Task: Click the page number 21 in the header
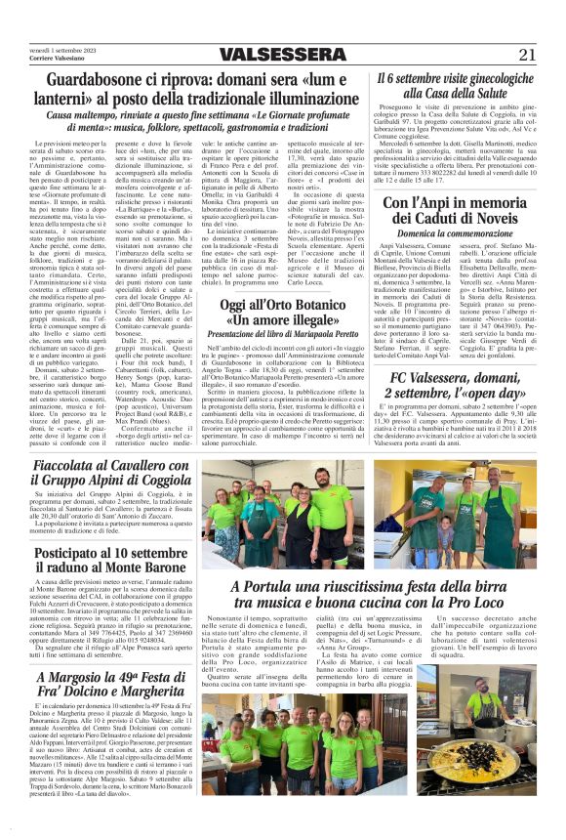[x=527, y=54]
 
